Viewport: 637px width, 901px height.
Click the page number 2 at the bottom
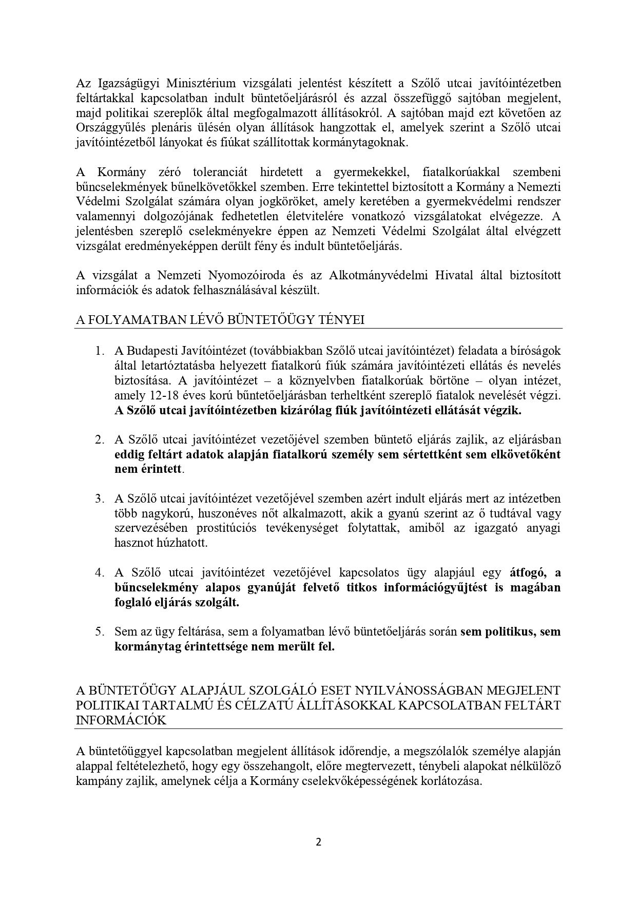[318, 842]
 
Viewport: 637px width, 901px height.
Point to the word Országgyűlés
[107, 128]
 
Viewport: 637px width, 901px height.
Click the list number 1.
[99, 351]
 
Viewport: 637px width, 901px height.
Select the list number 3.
[99, 499]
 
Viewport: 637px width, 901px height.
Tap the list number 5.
[99, 631]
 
